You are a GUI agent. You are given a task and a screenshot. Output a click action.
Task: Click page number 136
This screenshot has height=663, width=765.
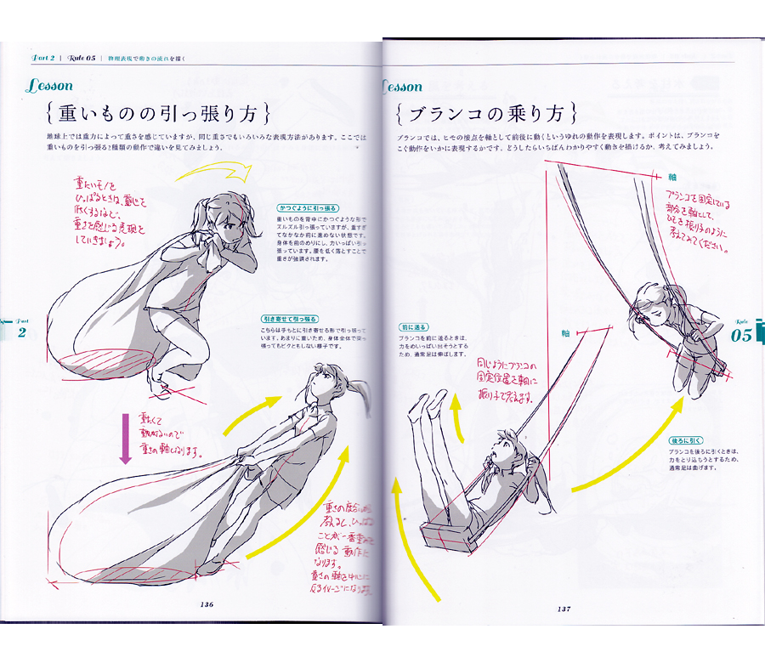click(x=207, y=604)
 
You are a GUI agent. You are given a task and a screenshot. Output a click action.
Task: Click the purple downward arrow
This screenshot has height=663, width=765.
click(x=125, y=439)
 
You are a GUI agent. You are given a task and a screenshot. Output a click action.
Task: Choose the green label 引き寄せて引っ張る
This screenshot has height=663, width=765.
click(x=294, y=319)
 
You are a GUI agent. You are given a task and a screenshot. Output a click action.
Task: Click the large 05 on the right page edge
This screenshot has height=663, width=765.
click(x=741, y=335)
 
